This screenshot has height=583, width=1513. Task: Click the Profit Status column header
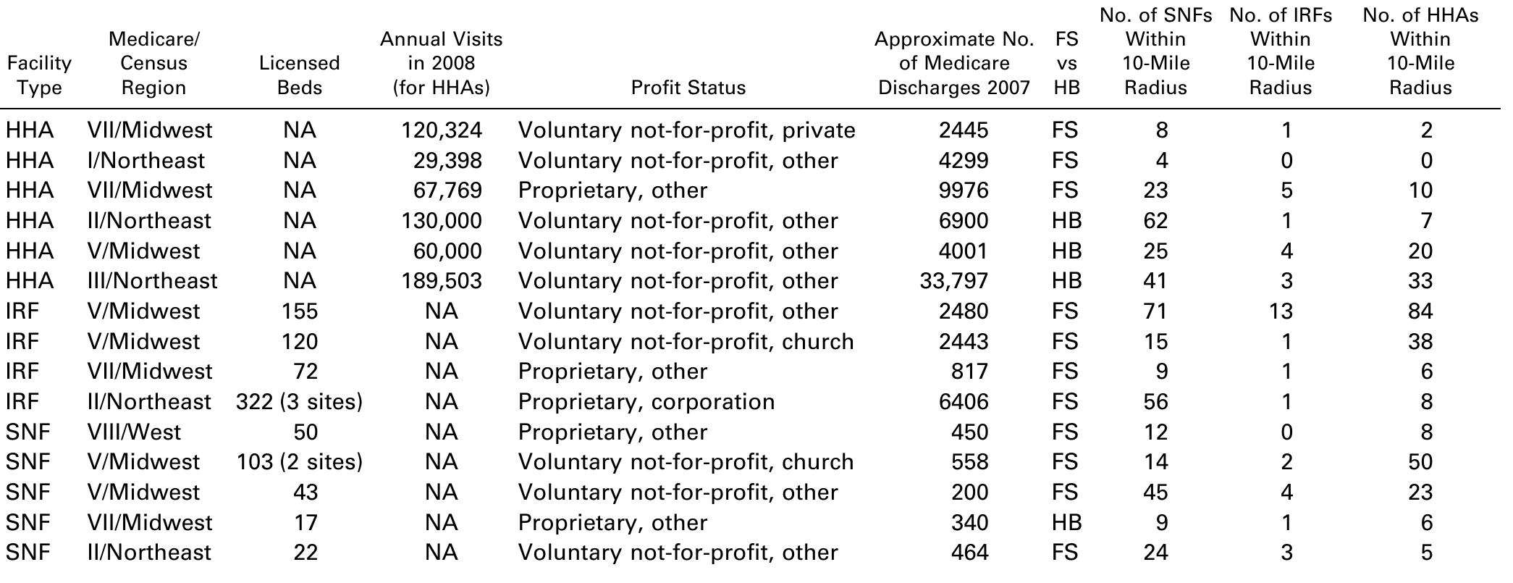tap(688, 88)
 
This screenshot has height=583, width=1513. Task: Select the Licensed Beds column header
tap(299, 75)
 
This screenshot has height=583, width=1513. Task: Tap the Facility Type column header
tap(39, 75)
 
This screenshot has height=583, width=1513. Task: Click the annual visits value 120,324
tap(442, 130)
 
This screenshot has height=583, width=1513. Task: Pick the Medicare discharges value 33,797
tap(953, 281)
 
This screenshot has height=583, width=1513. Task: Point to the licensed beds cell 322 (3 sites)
tap(299, 402)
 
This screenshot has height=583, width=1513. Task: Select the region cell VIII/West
tap(134, 432)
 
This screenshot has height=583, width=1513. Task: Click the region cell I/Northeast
tap(146, 161)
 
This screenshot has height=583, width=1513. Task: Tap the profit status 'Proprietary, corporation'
tap(646, 402)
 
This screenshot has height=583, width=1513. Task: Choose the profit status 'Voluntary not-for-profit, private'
tap(686, 130)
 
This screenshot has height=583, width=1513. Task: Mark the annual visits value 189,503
tap(442, 281)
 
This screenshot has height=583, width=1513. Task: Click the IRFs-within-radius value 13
tap(1280, 311)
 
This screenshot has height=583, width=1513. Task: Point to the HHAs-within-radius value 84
tap(1420, 311)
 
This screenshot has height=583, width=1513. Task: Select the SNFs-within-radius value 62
tap(1155, 221)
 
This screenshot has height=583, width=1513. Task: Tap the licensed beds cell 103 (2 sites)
tap(299, 462)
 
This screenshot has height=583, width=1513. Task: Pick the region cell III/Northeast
tap(152, 281)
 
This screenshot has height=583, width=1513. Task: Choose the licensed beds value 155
tap(299, 311)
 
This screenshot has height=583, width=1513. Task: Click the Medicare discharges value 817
tap(970, 372)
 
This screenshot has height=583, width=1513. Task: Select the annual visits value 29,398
tap(447, 161)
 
